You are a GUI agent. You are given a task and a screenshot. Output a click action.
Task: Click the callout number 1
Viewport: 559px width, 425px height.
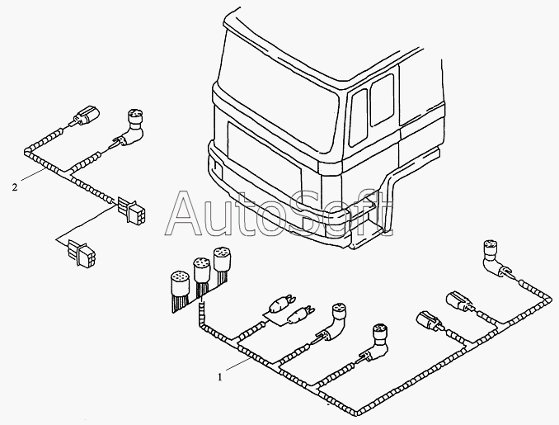tap(220, 377)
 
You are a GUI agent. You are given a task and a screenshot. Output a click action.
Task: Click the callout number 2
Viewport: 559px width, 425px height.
tap(14, 187)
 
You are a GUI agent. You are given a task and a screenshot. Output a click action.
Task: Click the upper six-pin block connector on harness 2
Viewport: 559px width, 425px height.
tap(131, 210)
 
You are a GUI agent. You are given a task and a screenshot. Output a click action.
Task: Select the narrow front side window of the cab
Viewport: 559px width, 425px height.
tap(359, 117)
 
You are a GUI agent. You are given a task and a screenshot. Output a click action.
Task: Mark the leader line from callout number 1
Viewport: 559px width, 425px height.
tap(237, 365)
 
